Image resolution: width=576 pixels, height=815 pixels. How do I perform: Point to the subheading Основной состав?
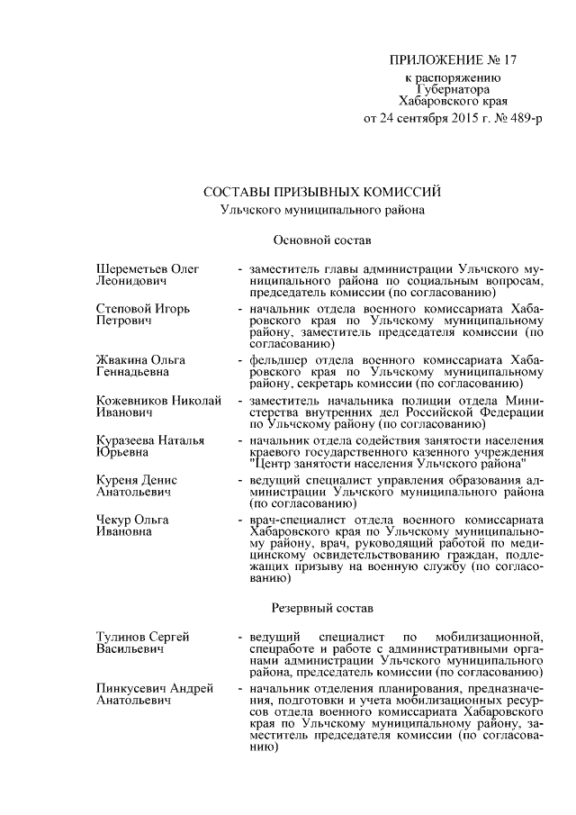(316, 240)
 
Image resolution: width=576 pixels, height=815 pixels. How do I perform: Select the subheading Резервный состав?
(316, 608)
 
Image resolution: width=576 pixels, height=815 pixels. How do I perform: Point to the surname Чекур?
(112, 521)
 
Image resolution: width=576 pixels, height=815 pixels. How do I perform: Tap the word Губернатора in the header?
(454, 90)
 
